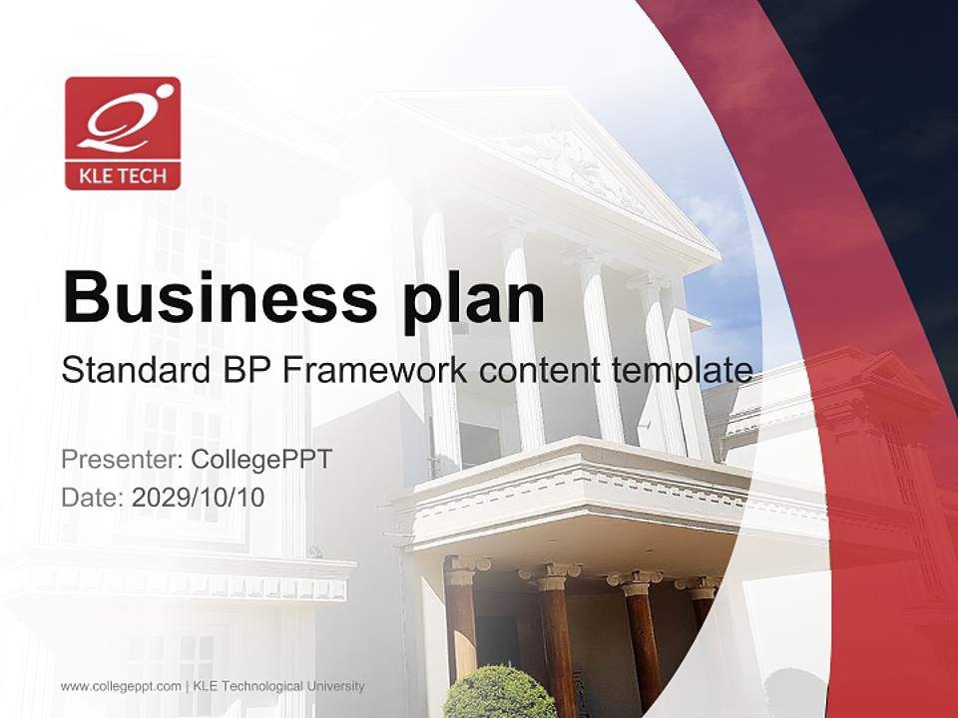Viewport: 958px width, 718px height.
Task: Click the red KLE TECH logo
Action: pyautogui.click(x=123, y=133)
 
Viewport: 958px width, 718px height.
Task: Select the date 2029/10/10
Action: pyautogui.click(x=199, y=497)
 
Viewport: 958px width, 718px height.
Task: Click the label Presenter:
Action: pyautogui.click(x=122, y=460)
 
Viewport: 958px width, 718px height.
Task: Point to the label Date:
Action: pyautogui.click(x=93, y=497)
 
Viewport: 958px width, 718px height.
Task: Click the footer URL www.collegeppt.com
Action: pyautogui.click(x=121, y=686)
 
